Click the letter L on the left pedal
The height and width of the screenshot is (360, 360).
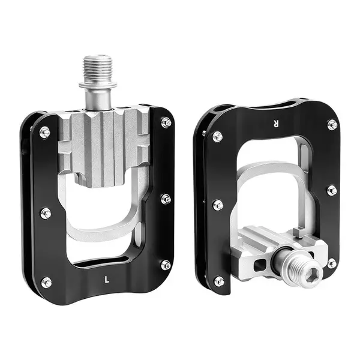(x=107, y=280)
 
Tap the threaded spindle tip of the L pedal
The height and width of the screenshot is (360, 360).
(x=98, y=68)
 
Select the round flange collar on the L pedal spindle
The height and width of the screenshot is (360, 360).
(x=98, y=85)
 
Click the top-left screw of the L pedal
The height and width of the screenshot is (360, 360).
(x=45, y=132)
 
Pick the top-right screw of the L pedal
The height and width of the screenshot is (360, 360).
(x=166, y=122)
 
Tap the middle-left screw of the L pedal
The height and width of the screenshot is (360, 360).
(x=46, y=213)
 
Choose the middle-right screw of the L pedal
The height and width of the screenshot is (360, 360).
(x=166, y=199)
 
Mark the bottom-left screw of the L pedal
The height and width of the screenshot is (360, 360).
(x=46, y=283)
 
